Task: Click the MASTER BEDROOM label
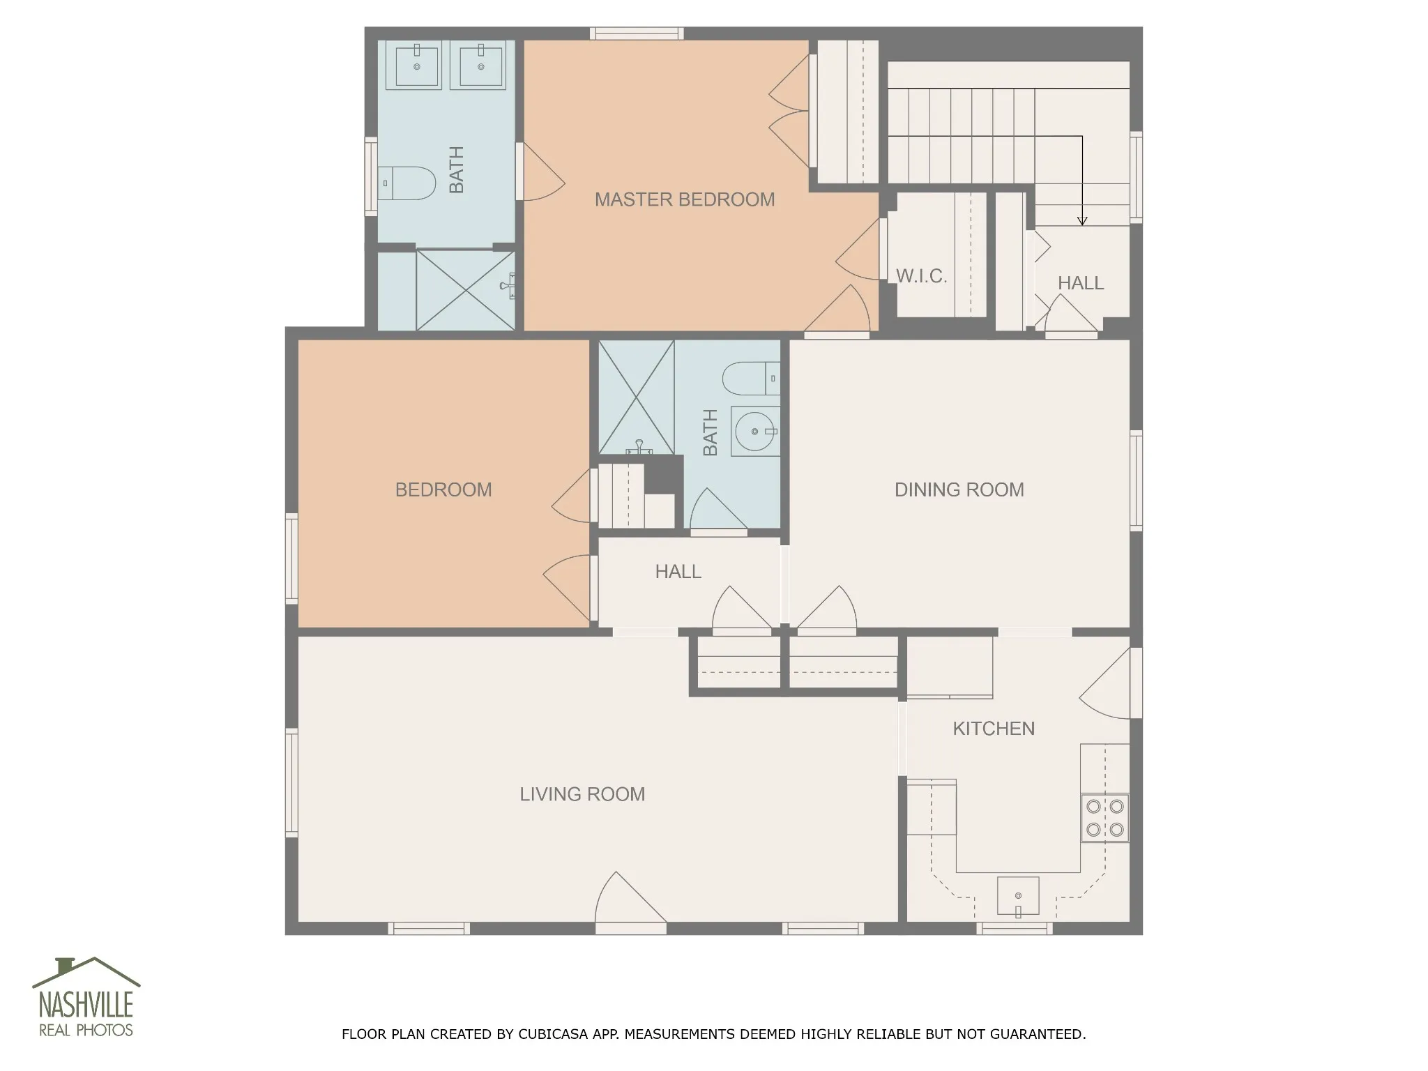685,199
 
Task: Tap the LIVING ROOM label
582,794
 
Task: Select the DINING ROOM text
959,489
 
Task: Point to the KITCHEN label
994,729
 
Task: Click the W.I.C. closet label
921,276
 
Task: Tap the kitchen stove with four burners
1105,818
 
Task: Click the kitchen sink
1018,895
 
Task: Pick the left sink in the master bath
418,66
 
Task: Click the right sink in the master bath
481,66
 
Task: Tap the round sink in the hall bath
755,432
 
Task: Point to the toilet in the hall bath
752,379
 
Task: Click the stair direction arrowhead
1082,221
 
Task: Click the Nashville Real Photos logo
86,997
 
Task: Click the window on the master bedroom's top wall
637,33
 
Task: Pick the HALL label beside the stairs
1081,283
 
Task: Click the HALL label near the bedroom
678,572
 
